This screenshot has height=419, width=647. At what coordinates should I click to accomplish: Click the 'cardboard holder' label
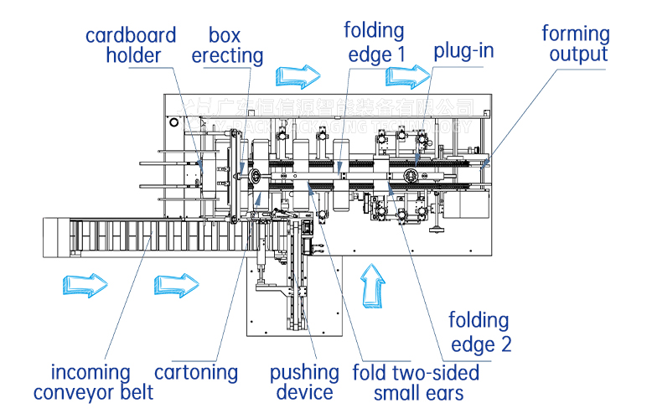coord(131,45)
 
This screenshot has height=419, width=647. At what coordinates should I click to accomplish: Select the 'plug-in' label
coord(463,50)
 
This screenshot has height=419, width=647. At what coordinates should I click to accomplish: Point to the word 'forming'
coord(576,34)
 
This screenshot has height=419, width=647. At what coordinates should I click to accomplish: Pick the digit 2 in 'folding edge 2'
coord(505,343)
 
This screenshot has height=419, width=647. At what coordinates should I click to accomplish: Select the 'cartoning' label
coord(196,371)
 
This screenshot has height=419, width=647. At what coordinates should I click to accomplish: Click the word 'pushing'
coord(304,371)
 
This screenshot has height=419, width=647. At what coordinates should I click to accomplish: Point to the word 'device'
coord(304,391)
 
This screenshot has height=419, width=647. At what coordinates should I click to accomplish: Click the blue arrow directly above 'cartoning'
coord(176,284)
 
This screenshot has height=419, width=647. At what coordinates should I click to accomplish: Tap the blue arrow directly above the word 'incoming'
coord(85,284)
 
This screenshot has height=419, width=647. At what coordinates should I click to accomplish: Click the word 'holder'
coord(134,56)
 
